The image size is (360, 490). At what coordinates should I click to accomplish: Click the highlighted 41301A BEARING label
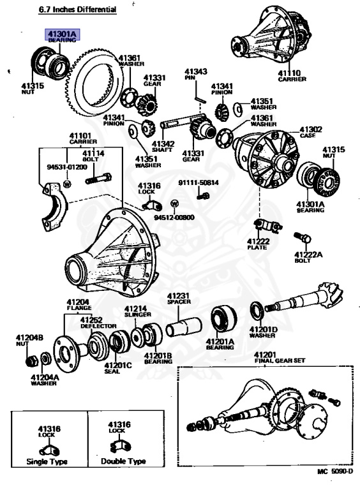click(63, 35)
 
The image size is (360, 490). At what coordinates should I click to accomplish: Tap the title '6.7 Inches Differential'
click(77, 10)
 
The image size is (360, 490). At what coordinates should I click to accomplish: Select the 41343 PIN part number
click(195, 72)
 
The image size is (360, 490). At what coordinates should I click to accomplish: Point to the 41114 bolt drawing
click(98, 179)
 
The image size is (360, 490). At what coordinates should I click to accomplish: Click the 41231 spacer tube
click(184, 327)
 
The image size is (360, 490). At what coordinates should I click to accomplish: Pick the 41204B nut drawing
click(31, 360)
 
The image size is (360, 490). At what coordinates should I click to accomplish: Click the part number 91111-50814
click(199, 182)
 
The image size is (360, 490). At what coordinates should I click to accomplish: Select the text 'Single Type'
click(47, 461)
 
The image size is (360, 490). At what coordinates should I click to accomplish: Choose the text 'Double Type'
click(123, 461)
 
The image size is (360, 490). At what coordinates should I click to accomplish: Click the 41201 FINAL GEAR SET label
click(280, 357)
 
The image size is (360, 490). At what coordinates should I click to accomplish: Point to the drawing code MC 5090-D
click(335, 471)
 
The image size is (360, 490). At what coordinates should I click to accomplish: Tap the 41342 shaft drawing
click(178, 122)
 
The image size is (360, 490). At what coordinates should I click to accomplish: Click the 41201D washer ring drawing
click(257, 311)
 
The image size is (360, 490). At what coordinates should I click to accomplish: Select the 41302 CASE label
click(311, 132)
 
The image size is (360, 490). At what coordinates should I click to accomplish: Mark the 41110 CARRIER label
click(292, 76)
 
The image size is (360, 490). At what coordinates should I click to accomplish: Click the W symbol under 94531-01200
click(67, 184)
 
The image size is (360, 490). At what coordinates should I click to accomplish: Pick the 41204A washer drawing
click(46, 358)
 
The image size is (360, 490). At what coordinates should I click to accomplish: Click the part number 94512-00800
click(174, 217)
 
